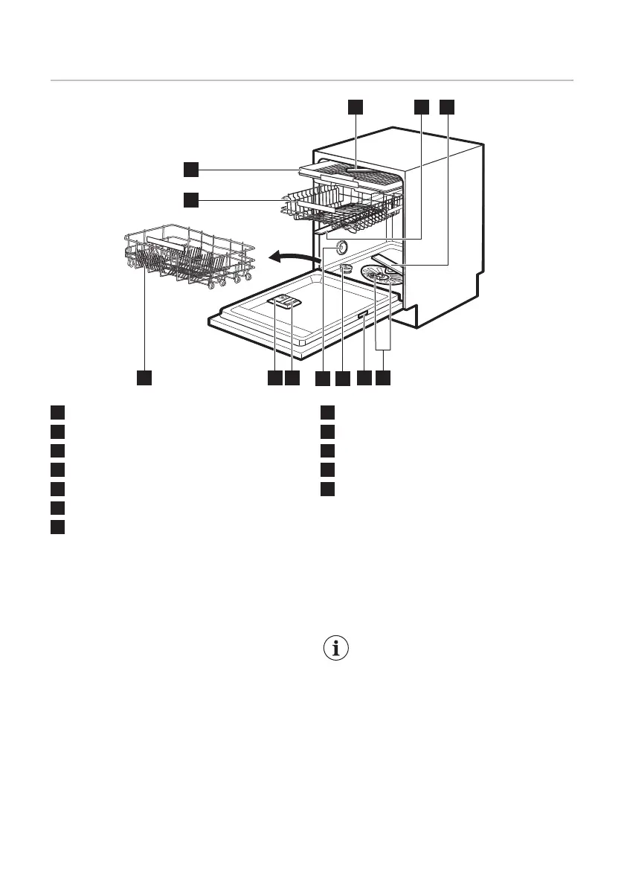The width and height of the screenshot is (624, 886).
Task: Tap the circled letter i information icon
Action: point(338,648)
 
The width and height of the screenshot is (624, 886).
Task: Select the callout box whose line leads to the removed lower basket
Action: point(144,379)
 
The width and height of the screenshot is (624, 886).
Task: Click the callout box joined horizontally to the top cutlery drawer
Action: point(191,170)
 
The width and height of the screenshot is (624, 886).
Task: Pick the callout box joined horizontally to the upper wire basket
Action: point(191,199)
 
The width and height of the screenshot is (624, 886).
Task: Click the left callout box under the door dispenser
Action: point(274,379)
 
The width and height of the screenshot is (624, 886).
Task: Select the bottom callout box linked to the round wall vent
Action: point(321,379)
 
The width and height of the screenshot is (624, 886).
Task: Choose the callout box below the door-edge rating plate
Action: point(363,379)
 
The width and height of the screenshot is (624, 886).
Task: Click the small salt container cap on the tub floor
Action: point(346,267)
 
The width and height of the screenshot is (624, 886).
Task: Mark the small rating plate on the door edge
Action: point(361,318)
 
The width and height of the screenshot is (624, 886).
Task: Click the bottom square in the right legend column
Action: point(329,489)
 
